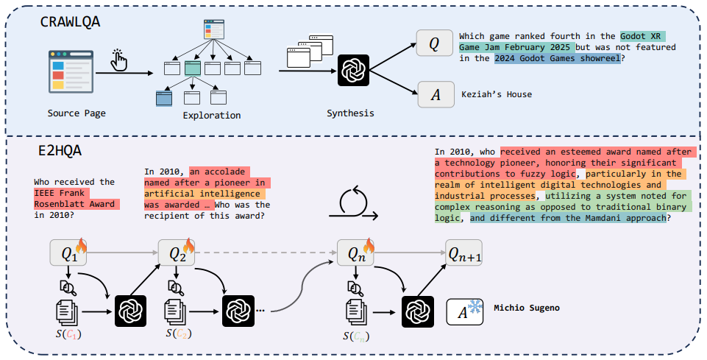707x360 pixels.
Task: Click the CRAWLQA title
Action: pyautogui.click(x=71, y=21)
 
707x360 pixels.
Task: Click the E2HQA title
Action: pyautogui.click(x=61, y=151)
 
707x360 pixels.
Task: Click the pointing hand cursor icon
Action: pyautogui.click(x=119, y=60)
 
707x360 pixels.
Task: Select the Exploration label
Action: pyautogui.click(x=212, y=115)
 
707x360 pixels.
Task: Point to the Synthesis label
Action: pyautogui.click(x=350, y=113)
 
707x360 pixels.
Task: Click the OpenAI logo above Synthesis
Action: pyautogui.click(x=352, y=72)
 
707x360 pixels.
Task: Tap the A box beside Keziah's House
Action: pyautogui.click(x=434, y=95)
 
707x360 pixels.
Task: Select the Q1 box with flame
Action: pyautogui.click(x=68, y=253)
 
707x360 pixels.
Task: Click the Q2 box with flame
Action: pyautogui.click(x=177, y=253)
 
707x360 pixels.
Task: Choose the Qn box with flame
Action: pyautogui.click(x=355, y=253)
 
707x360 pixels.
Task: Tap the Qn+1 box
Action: pyautogui.click(x=463, y=253)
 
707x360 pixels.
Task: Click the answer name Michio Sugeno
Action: pyautogui.click(x=527, y=308)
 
